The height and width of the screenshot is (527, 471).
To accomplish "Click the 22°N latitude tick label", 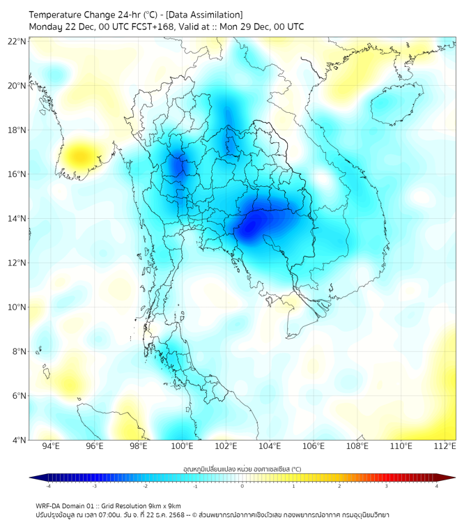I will click(x=17, y=41).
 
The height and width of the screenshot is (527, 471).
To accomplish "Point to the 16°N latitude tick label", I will click(x=17, y=174).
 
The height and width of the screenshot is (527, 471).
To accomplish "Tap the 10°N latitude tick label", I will click(x=17, y=307).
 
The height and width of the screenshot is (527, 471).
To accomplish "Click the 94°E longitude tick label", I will click(x=51, y=446).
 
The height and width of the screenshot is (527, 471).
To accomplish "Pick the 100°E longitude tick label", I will click(x=183, y=446).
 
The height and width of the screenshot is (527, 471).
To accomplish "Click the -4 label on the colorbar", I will click(x=47, y=486).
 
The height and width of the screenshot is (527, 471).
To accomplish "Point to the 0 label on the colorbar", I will click(x=242, y=486).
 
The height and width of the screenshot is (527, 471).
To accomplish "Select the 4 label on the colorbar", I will click(x=436, y=486).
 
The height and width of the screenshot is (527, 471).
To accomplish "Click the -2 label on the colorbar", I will click(x=144, y=486).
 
